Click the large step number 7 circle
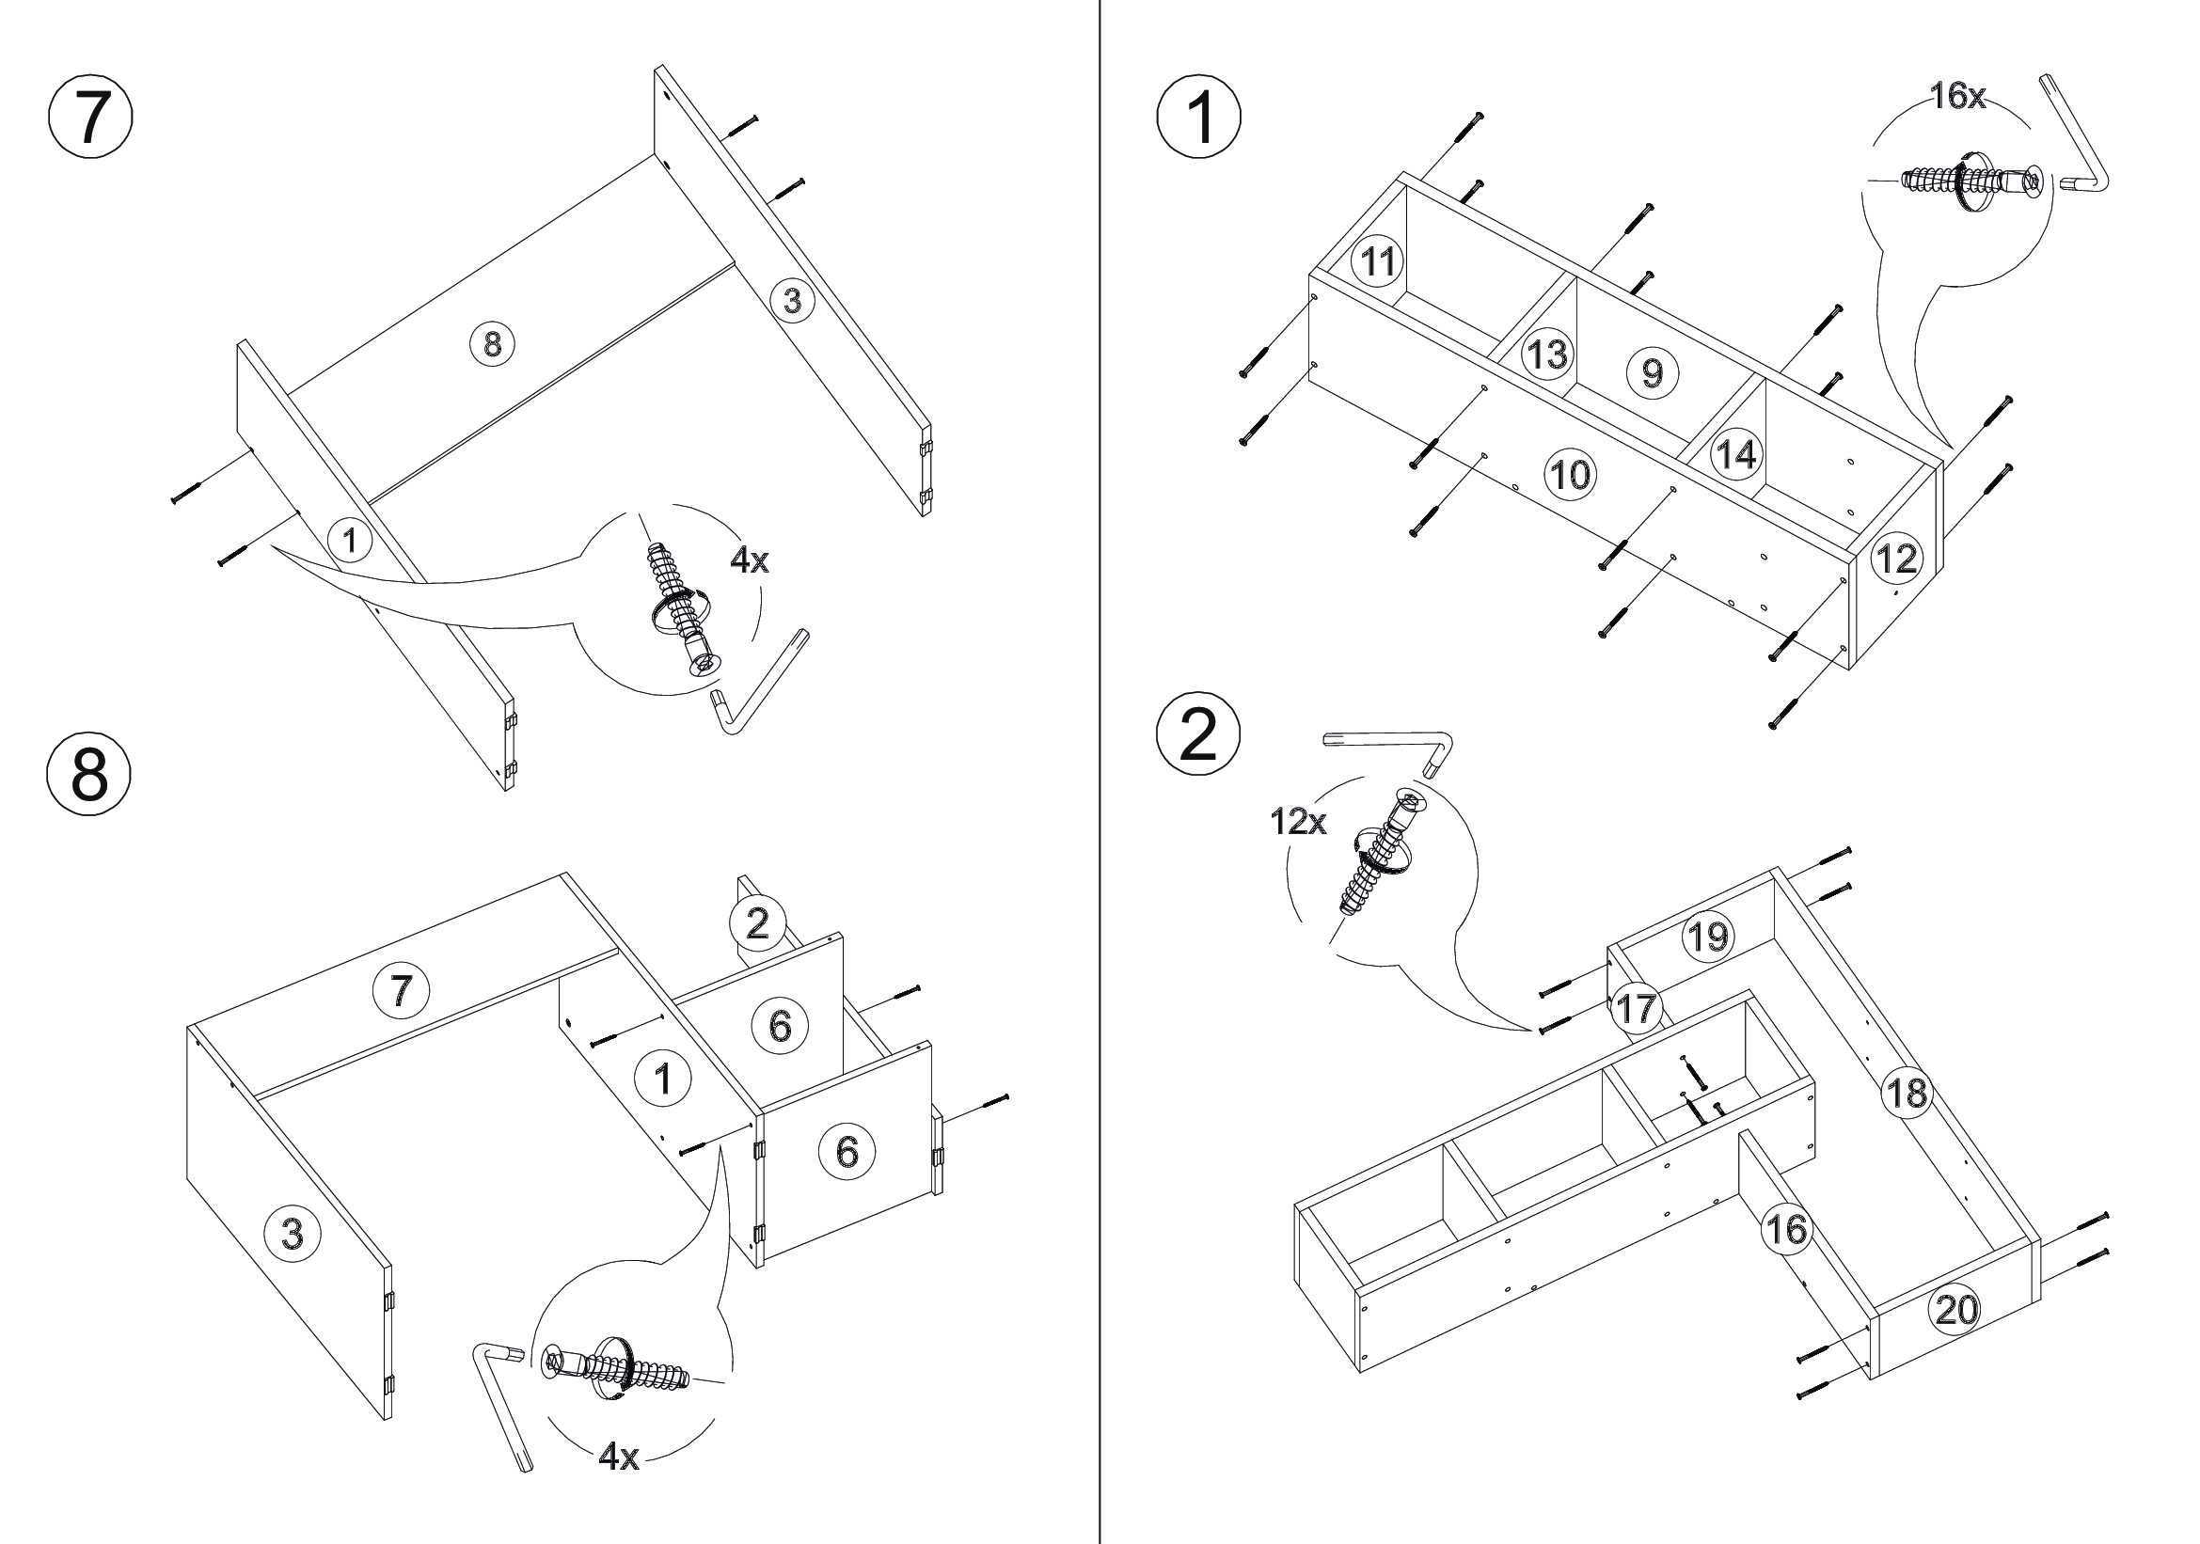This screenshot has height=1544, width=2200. pyautogui.click(x=90, y=118)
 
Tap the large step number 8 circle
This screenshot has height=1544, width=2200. pyautogui.click(x=89, y=774)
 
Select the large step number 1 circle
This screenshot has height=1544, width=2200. pyautogui.click(x=1199, y=118)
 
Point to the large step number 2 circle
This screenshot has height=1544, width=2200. pyautogui.click(x=1197, y=735)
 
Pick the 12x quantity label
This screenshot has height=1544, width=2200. pyautogui.click(x=1298, y=822)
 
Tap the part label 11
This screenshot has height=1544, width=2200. pyautogui.click(x=1378, y=260)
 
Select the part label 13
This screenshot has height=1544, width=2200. pyautogui.click(x=1546, y=354)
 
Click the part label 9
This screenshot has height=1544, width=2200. pyautogui.click(x=1652, y=371)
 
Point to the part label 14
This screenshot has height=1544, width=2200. pyautogui.click(x=1736, y=454)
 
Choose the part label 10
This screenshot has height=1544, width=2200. pyautogui.click(x=1570, y=474)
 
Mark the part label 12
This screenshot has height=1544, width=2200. pyautogui.click(x=1896, y=559)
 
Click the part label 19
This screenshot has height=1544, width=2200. pyautogui.click(x=1708, y=937)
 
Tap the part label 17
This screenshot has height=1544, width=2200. pyautogui.click(x=1635, y=1008)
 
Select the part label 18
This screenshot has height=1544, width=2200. pyautogui.click(x=1906, y=1092)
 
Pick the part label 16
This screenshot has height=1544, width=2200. pyautogui.click(x=1786, y=1229)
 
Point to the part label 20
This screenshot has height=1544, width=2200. pyautogui.click(x=1955, y=1309)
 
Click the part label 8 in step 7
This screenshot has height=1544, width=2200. pyautogui.click(x=493, y=343)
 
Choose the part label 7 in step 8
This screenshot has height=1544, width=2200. pyautogui.click(x=401, y=989)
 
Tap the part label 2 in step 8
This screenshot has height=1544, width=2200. pyautogui.click(x=757, y=923)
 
